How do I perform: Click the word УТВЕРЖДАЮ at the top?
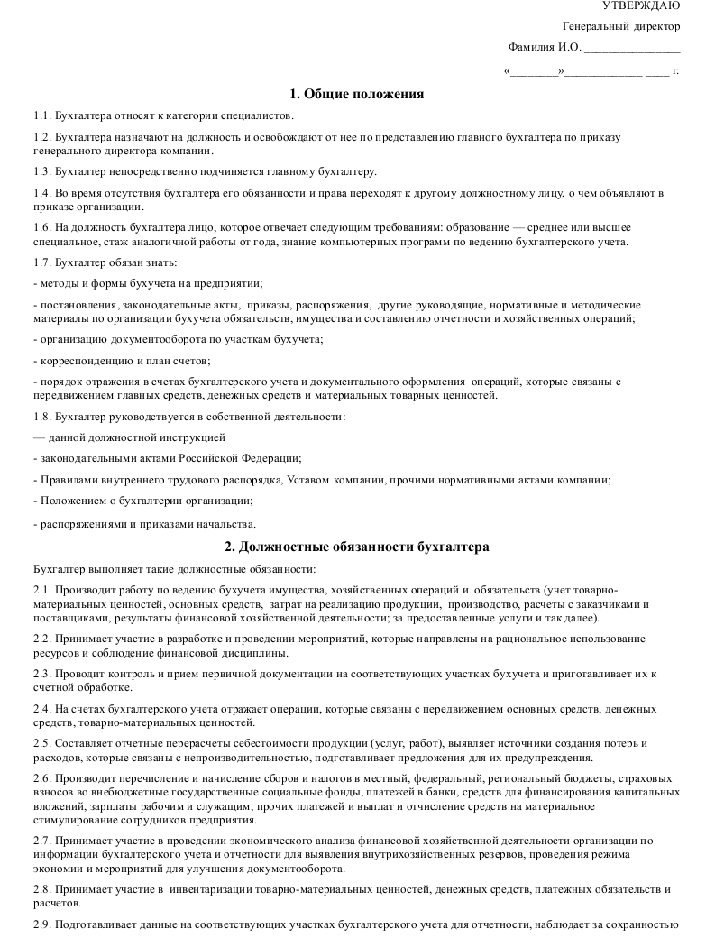click(x=647, y=6)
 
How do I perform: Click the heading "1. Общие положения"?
click(x=357, y=94)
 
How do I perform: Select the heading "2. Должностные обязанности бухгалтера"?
click(x=357, y=547)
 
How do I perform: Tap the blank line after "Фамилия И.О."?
click(x=632, y=49)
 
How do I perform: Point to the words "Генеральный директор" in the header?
click(x=621, y=27)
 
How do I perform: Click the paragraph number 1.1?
click(x=41, y=115)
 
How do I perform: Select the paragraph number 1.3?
click(x=41, y=171)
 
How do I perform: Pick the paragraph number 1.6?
click(x=41, y=227)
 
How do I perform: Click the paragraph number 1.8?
click(x=41, y=417)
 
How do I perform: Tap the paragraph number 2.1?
click(x=41, y=588)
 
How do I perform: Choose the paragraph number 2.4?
click(x=41, y=709)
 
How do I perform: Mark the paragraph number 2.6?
click(x=41, y=777)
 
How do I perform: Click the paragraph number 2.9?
click(x=41, y=925)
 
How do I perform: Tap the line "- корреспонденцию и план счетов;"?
click(x=122, y=361)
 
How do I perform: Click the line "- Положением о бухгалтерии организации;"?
click(x=142, y=500)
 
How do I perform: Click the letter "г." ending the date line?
click(x=675, y=69)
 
